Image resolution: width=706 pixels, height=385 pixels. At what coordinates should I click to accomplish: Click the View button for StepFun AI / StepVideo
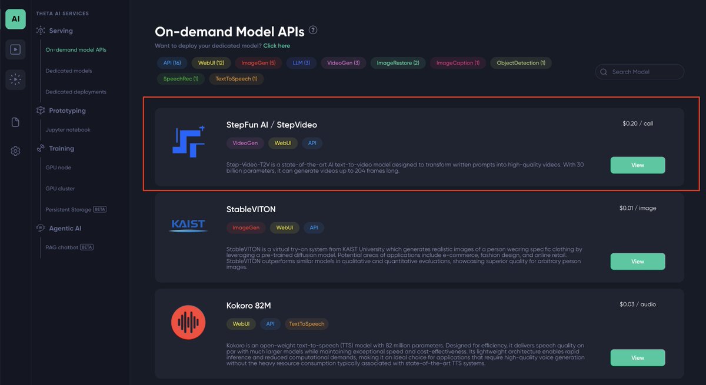pos(638,165)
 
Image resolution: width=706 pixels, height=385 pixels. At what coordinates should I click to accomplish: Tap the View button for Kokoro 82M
pos(638,357)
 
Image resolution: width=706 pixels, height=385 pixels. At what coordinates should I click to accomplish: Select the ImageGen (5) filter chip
pos(258,63)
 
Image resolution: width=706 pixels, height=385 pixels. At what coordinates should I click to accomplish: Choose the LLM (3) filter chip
pos(301,63)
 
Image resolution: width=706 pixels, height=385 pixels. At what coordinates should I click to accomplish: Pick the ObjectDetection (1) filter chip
pos(521,63)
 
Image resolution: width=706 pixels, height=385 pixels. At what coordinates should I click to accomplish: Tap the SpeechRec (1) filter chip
pos(180,79)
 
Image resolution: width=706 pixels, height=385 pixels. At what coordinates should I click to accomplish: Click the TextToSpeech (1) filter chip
pos(237,79)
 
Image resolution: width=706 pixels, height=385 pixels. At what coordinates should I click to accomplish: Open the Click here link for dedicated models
pos(277,46)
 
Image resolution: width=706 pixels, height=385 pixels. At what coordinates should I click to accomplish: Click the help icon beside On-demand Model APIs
pos(313,31)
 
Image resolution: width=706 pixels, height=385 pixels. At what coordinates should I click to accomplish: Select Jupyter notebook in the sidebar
pos(68,130)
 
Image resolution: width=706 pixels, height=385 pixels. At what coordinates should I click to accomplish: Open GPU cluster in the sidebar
pos(60,189)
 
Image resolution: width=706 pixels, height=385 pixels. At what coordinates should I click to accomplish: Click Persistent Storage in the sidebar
pos(68,210)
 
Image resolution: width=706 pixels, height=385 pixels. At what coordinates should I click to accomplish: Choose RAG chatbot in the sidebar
pos(62,247)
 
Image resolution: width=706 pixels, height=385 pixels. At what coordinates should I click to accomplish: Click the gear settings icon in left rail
pos(15,151)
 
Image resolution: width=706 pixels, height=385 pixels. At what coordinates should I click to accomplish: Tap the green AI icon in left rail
pos(15,19)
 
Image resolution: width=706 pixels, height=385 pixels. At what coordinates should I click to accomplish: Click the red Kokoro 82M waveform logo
pos(188,323)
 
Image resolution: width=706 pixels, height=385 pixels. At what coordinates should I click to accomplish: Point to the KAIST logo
pos(188,226)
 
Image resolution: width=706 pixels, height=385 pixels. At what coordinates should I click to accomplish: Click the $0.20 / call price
pos(638,124)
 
